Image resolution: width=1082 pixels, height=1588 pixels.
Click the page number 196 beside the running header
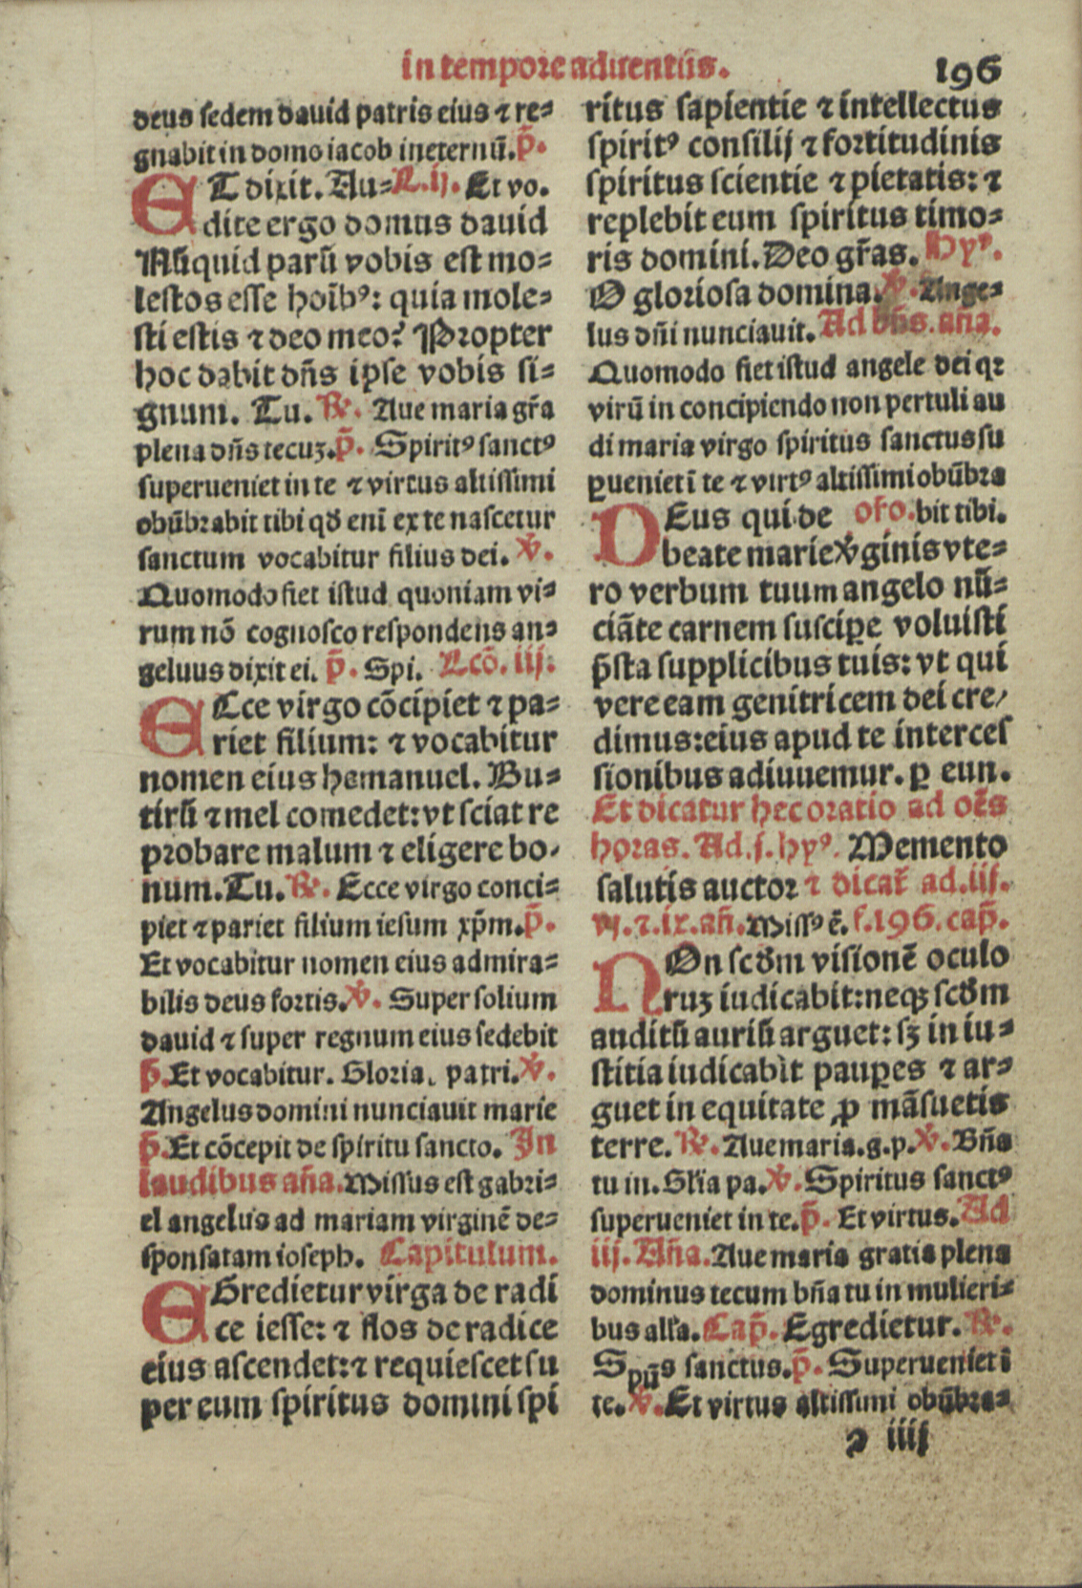pyautogui.click(x=967, y=70)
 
